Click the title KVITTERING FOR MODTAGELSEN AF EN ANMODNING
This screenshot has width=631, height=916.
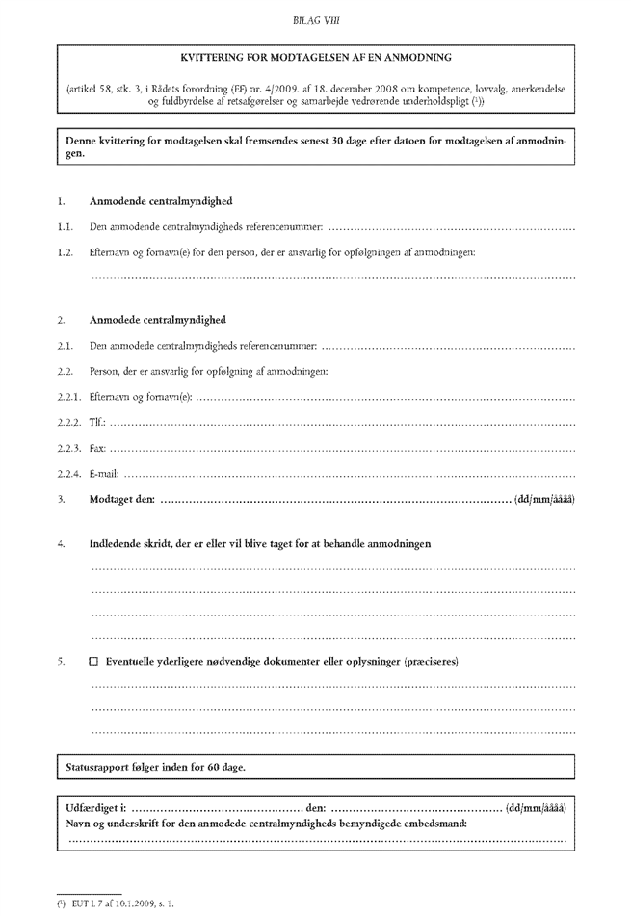[316, 58]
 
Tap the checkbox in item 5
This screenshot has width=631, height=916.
[93, 663]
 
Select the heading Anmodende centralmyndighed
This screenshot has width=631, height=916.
[160, 201]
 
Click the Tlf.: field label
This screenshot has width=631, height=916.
[97, 422]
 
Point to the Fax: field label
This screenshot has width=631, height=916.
[97, 448]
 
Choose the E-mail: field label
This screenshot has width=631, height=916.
[104, 473]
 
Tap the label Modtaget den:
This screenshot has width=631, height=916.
[121, 498]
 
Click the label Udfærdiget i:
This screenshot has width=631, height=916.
[96, 807]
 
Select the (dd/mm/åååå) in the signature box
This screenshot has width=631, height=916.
[536, 807]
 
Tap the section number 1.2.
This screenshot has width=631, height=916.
[65, 251]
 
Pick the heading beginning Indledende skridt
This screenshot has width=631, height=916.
[260, 544]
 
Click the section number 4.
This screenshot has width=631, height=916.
[61, 544]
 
